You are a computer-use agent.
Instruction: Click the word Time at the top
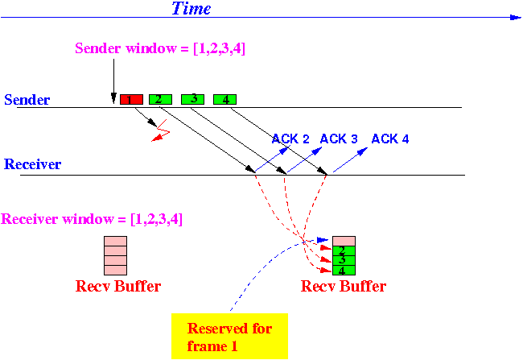[191, 8]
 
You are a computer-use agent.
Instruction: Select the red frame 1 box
[131, 99]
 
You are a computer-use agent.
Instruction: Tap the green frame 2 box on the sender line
[160, 99]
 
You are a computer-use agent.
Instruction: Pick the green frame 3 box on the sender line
[193, 99]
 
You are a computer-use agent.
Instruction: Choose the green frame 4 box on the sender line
[224, 99]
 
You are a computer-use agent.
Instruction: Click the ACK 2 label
[290, 139]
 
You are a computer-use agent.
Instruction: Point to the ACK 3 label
[339, 139]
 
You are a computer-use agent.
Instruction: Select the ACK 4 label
[390, 139]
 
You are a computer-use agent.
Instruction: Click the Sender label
[27, 100]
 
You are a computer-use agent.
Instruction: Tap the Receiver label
[32, 164]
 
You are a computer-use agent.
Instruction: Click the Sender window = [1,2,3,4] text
[160, 48]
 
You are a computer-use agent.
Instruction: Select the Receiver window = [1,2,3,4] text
[92, 219]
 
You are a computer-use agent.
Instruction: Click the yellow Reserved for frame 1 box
[229, 336]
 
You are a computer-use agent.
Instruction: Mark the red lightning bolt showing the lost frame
[161, 130]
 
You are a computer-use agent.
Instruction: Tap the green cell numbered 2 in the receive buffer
[344, 250]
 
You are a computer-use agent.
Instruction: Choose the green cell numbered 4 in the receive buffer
[344, 270]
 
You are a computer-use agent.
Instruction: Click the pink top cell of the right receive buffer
[344, 241]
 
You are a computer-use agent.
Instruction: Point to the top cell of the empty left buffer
[115, 241]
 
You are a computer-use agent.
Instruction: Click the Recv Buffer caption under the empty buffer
[118, 286]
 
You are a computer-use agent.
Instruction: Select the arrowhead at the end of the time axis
[516, 18]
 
